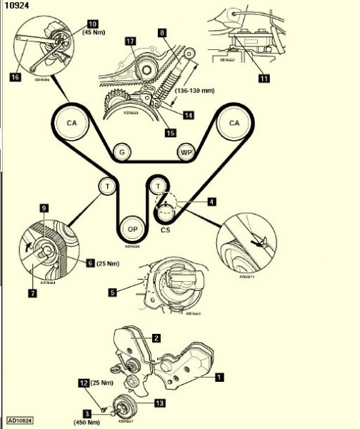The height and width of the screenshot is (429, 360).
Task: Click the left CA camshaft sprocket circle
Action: pos(71,123)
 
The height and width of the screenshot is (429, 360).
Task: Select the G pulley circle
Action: pos(123,152)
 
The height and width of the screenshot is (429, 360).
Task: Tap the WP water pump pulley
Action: pos(184,153)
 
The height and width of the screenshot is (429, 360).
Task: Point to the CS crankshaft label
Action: pos(166,231)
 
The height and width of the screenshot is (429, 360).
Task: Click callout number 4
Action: pos(211,202)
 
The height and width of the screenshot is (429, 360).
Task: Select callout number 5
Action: pos(113,292)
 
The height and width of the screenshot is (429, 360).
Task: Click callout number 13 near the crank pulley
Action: pos(159,403)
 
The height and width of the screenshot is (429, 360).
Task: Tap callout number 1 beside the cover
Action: pos(219,374)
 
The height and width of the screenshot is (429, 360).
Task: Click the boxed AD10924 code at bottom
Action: pos(21,420)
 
